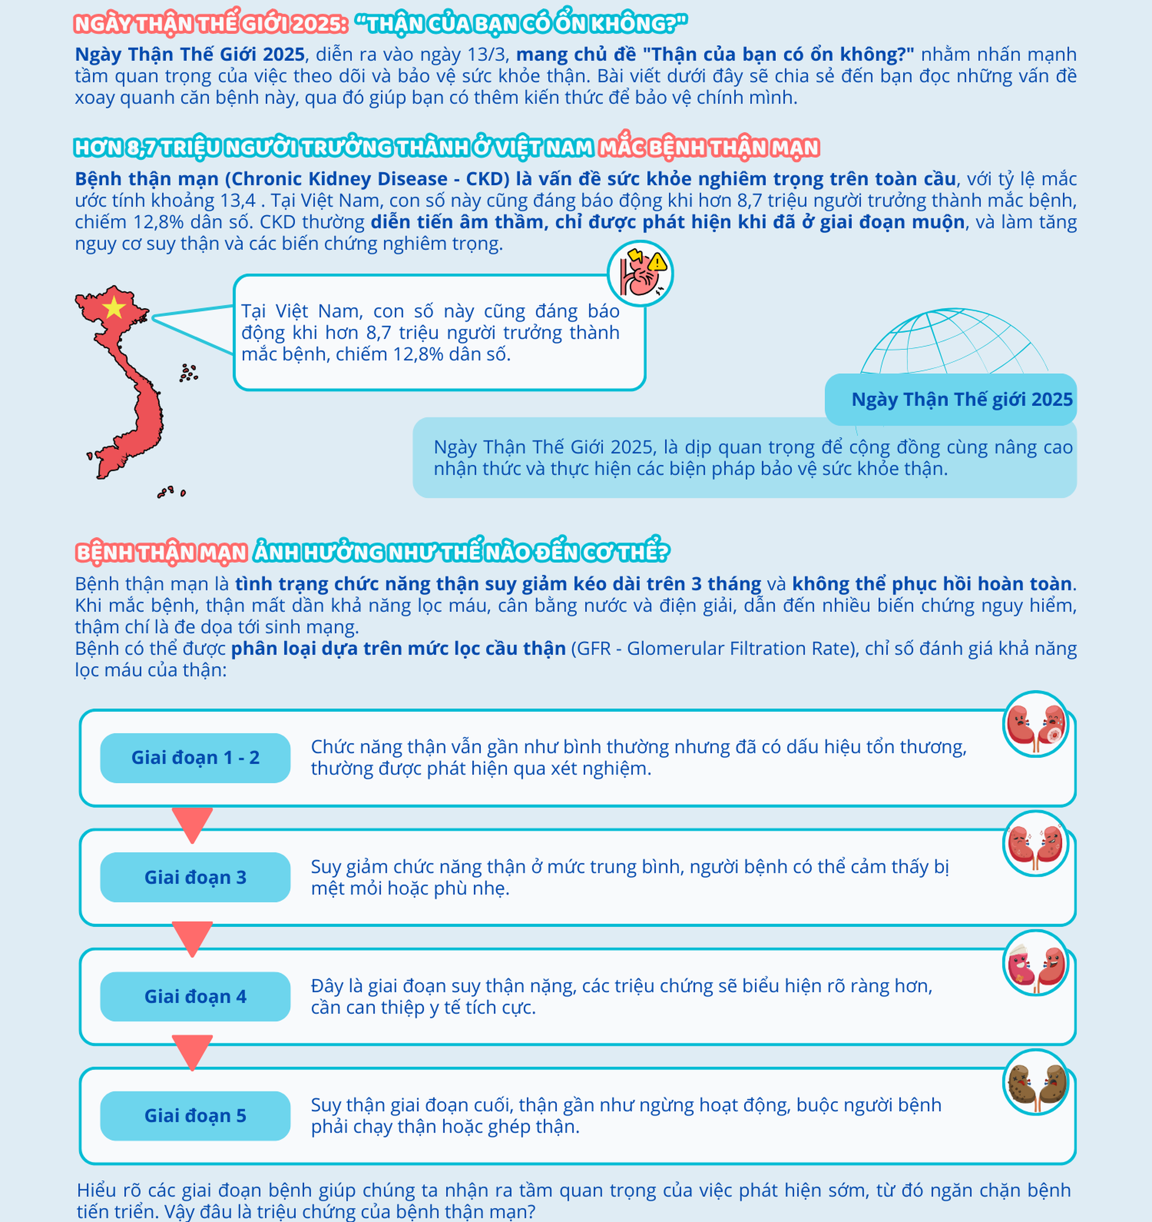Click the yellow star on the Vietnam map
114,308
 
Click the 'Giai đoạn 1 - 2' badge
195,758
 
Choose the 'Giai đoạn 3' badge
195,877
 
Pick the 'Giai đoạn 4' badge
195,996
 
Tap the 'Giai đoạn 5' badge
195,1116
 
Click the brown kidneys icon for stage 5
1036,1082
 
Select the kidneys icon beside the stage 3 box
1036,844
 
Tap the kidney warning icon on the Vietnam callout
640,274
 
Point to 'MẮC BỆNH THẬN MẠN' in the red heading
709,148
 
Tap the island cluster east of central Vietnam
189,372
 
